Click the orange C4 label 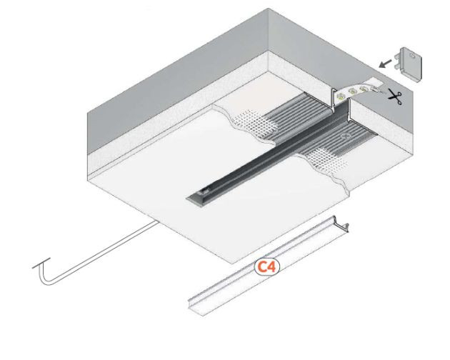tap(267, 266)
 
